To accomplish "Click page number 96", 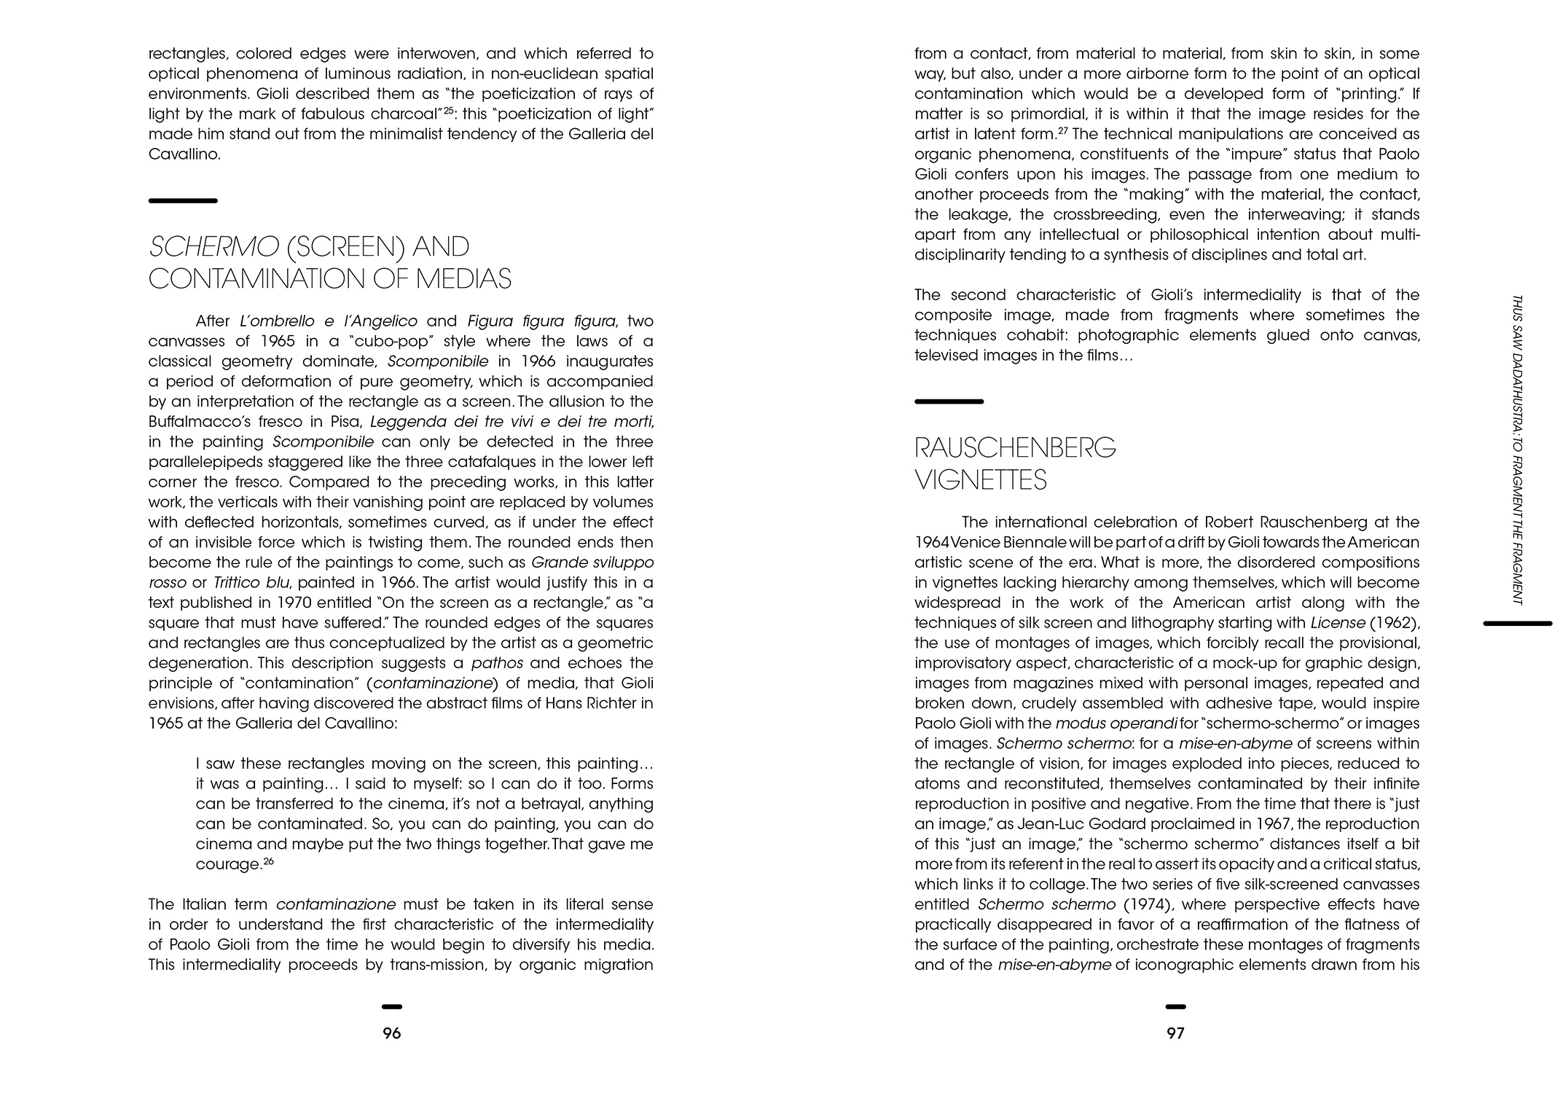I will pos(392,1033).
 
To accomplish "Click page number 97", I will pos(1175,1033).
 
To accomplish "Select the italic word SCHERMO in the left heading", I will pos(213,247).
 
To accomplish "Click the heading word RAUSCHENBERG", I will pos(1015,447).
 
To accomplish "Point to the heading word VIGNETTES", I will pos(981,480).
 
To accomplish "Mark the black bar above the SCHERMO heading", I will pos(183,200).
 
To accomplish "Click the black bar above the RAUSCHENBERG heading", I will pos(949,401).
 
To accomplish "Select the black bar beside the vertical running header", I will pos(1518,624).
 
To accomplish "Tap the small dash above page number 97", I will pos(1175,1007).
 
